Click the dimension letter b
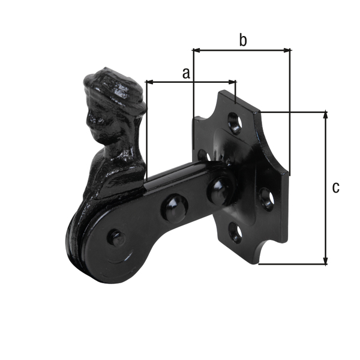pyautogui.click(x=242, y=40)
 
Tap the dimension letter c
pyautogui.click(x=335, y=187)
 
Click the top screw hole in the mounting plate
pyautogui.click(x=235, y=125)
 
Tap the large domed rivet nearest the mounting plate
pyautogui.click(x=217, y=188)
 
